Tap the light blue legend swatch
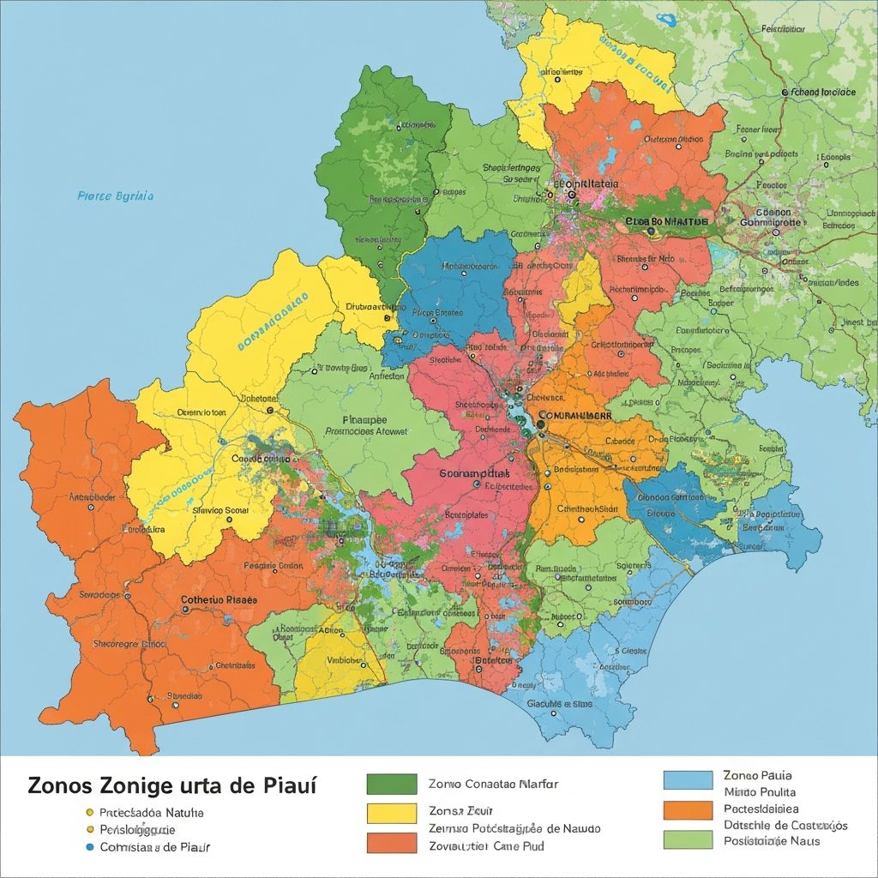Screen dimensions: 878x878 pos(688,779)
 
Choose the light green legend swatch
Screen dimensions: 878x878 pos(688,839)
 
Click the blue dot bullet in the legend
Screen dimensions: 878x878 pos(88,847)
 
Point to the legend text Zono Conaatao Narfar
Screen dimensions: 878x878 pos(492,784)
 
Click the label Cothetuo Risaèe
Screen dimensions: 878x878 pos(219,601)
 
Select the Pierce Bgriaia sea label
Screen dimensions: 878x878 pos(116,196)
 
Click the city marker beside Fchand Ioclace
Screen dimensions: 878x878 pos(784,92)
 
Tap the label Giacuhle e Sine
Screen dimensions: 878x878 pos(560,704)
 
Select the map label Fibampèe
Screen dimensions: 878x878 pos(364,420)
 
